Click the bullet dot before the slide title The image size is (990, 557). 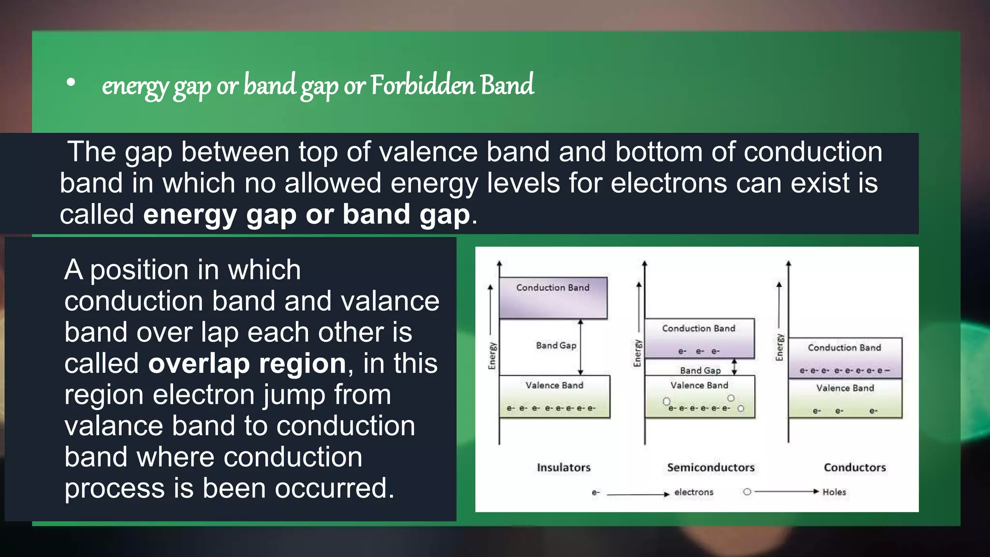71,83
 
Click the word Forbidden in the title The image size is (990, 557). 423,85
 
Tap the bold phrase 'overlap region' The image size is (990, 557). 247,363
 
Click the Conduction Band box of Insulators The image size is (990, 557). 553,298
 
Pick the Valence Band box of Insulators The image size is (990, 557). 554,396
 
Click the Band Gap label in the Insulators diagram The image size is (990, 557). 556,346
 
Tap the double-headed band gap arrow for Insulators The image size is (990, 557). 581,347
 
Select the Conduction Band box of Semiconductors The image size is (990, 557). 699,338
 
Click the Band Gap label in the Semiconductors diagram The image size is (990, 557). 700,370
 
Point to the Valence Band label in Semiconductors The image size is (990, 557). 699,385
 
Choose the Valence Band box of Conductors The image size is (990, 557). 845,398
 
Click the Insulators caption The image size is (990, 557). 564,468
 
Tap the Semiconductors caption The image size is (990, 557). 711,468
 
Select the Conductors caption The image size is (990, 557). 855,468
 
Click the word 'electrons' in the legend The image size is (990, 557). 694,492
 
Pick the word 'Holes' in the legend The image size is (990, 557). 834,492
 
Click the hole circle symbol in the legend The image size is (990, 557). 747,492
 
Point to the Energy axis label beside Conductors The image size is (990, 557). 779,347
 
